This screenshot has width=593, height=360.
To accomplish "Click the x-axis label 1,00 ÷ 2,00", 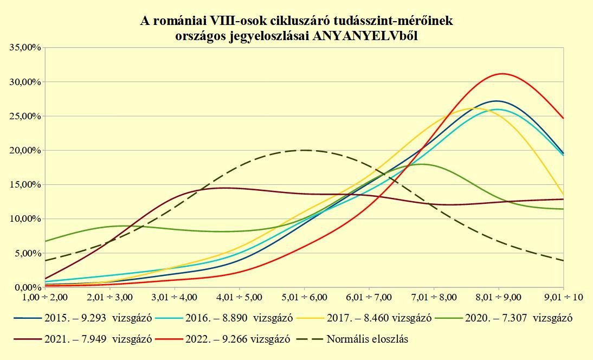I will pyautogui.click(x=45, y=297).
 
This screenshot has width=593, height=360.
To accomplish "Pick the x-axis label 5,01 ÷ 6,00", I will pyautogui.click(x=304, y=297).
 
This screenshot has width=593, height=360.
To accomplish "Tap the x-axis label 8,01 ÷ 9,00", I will pyautogui.click(x=499, y=297).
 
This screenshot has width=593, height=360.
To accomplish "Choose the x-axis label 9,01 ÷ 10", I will pyautogui.click(x=564, y=297).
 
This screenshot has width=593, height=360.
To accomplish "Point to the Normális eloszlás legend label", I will pyautogui.click(x=367, y=340).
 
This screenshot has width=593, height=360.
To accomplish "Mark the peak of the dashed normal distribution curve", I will pyautogui.click(x=304, y=150).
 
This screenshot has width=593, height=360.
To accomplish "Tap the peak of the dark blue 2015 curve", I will pyautogui.click(x=496, y=101).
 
